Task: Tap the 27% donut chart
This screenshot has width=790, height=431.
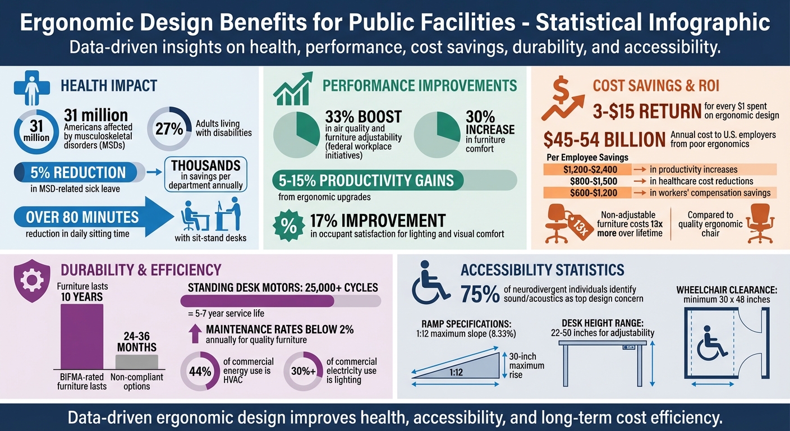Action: click(x=169, y=129)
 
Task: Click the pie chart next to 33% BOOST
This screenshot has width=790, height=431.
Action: click(x=296, y=135)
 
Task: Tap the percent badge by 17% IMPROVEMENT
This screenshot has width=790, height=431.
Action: click(x=287, y=225)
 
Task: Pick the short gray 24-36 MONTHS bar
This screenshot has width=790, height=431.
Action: click(x=137, y=361)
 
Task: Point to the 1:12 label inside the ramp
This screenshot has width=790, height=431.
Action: click(x=456, y=371)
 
